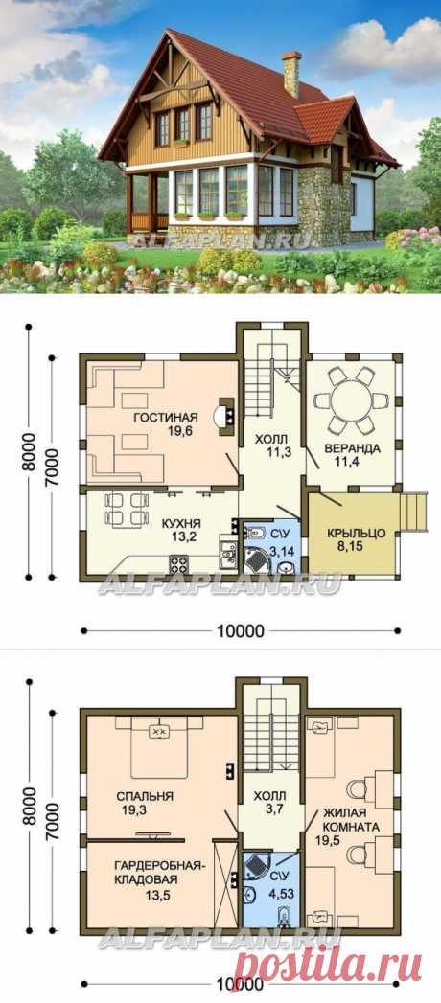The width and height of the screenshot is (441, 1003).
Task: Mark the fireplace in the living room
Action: [224, 415]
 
